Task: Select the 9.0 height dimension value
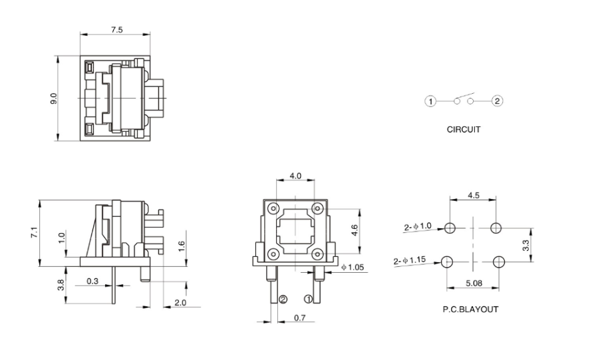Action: tap(55, 98)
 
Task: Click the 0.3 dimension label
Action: tap(92, 282)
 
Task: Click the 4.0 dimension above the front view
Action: tap(295, 176)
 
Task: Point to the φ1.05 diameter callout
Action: tap(352, 268)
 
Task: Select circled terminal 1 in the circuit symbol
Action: tap(431, 102)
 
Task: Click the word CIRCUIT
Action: tap(464, 130)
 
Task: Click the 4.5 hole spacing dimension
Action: tap(472, 196)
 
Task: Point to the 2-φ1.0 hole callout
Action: tap(418, 227)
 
